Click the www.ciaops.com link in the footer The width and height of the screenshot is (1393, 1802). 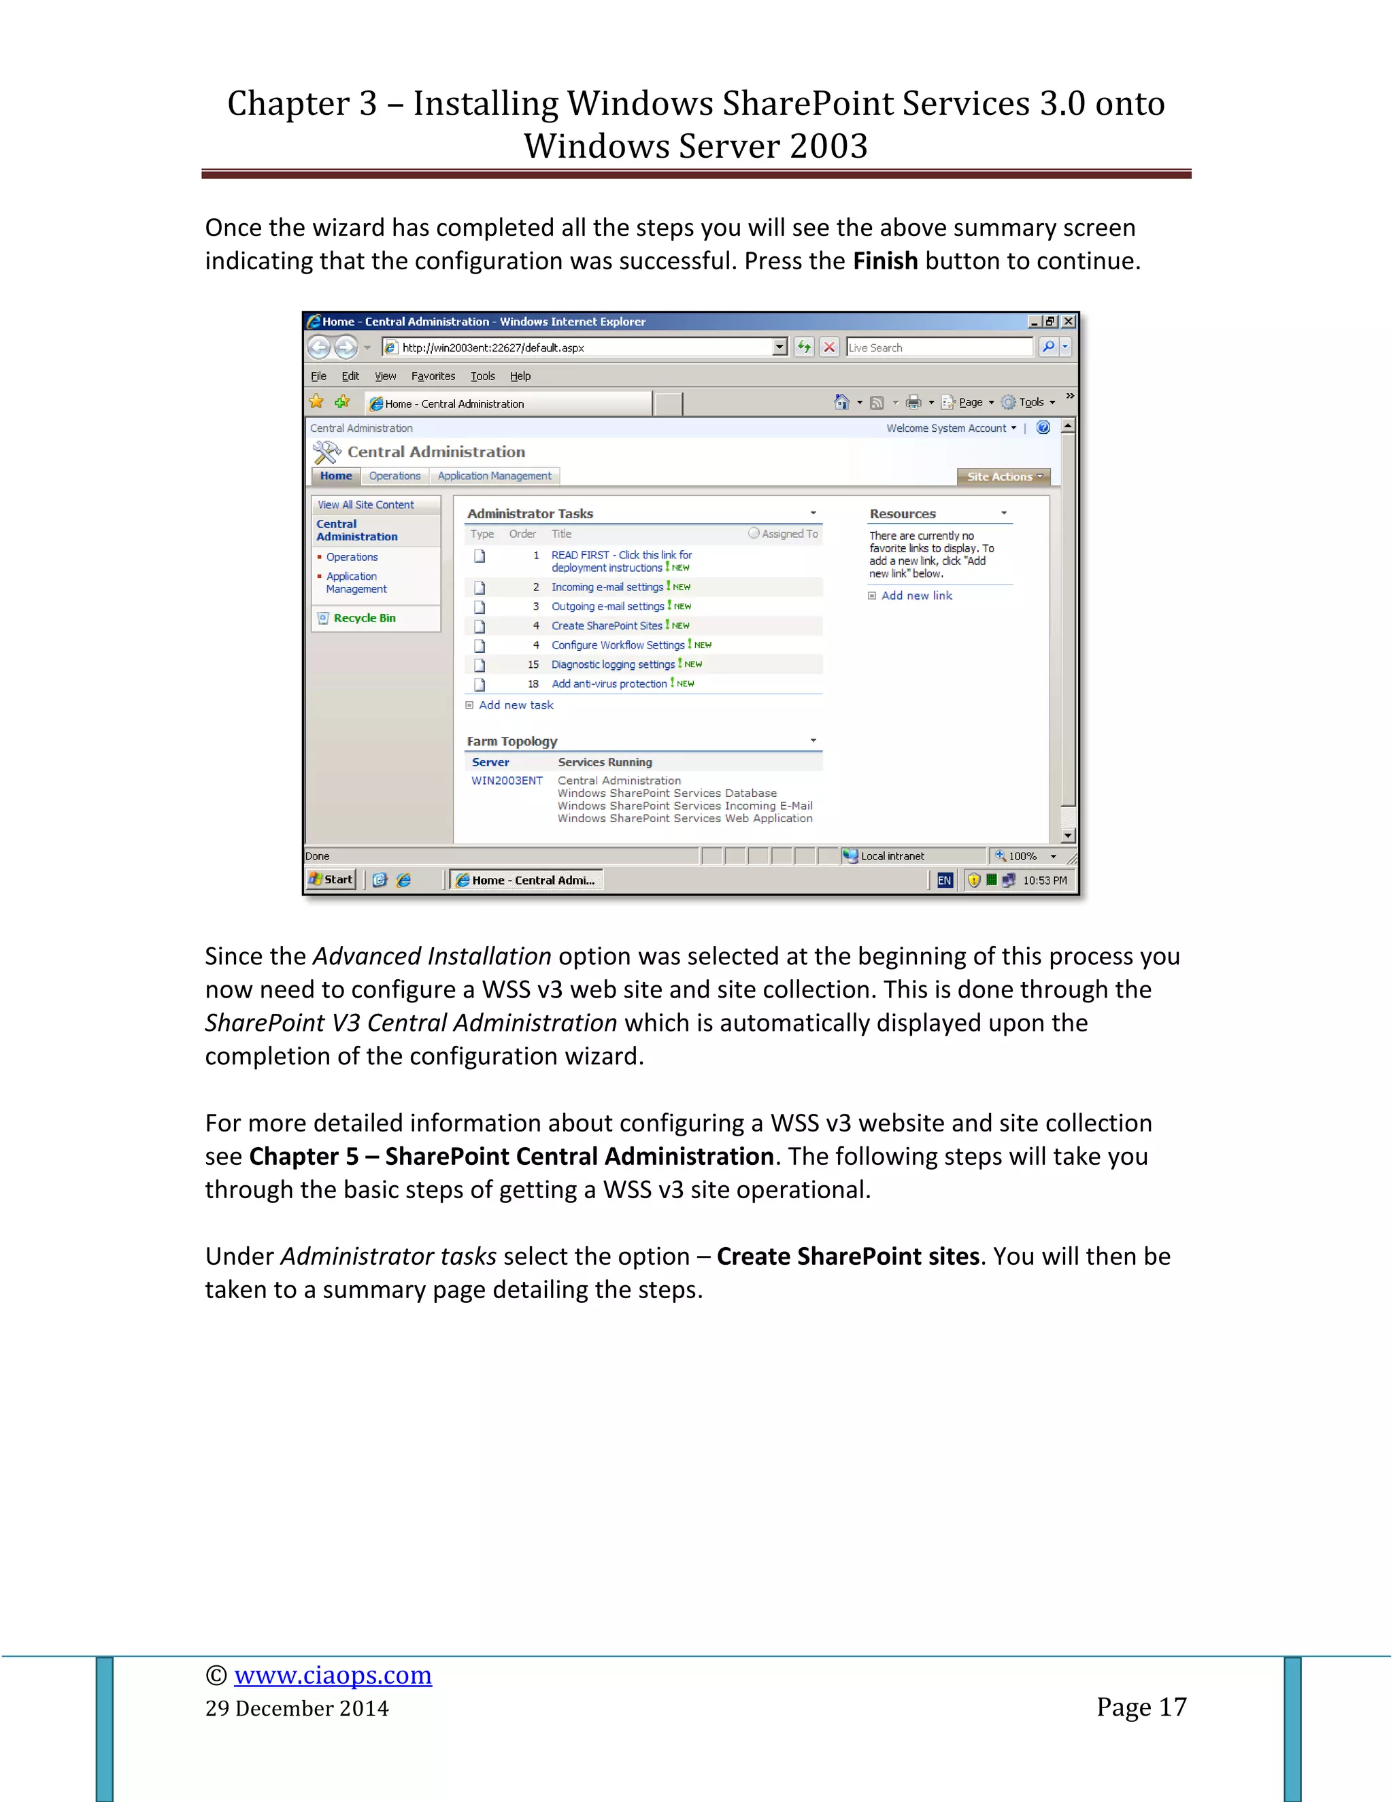click(x=333, y=1674)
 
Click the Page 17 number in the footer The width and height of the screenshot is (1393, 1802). click(x=1141, y=1706)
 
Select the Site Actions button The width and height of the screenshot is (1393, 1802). click(x=1003, y=477)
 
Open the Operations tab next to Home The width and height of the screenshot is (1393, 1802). click(x=395, y=476)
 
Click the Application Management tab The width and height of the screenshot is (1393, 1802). click(x=494, y=476)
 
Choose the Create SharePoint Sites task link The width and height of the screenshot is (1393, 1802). click(x=607, y=626)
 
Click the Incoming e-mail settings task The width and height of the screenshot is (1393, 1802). click(x=607, y=587)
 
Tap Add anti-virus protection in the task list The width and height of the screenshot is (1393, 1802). click(x=609, y=683)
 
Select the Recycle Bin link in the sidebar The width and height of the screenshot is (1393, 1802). click(x=364, y=618)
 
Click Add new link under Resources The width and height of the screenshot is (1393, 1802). click(x=916, y=596)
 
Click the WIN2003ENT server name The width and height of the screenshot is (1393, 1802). click(x=507, y=781)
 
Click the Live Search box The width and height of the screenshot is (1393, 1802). click(x=938, y=347)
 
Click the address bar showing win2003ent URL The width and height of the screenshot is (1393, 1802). click(x=577, y=347)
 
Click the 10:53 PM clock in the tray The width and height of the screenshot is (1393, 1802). click(x=1044, y=881)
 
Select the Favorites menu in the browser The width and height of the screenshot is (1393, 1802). click(x=433, y=376)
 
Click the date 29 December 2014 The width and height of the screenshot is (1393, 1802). click(x=297, y=1708)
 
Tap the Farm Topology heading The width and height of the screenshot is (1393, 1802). click(x=511, y=741)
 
